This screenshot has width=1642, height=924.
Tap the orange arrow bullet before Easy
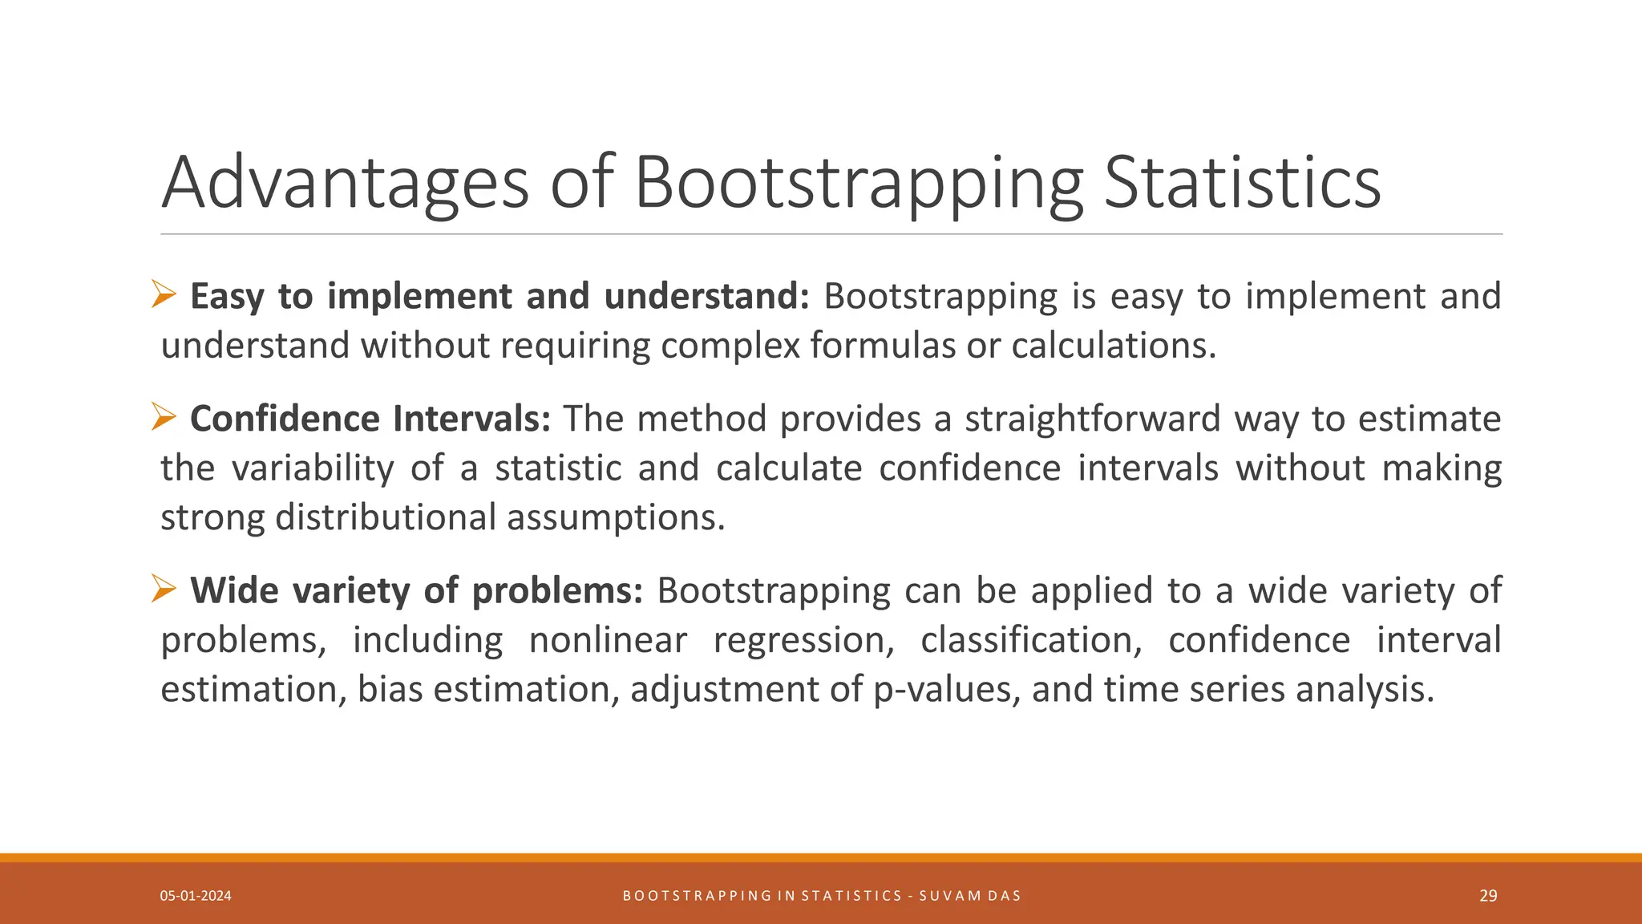(164, 295)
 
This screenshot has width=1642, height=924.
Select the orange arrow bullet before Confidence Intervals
(164, 418)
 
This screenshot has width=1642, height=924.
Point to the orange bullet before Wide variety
(164, 590)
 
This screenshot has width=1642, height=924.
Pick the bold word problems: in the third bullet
(556, 590)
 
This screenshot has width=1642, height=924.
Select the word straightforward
(1092, 419)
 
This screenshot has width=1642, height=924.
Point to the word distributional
(385, 517)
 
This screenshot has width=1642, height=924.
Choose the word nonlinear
(608, 640)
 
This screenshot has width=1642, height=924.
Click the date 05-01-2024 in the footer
(196, 896)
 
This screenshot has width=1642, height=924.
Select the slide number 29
(1488, 896)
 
